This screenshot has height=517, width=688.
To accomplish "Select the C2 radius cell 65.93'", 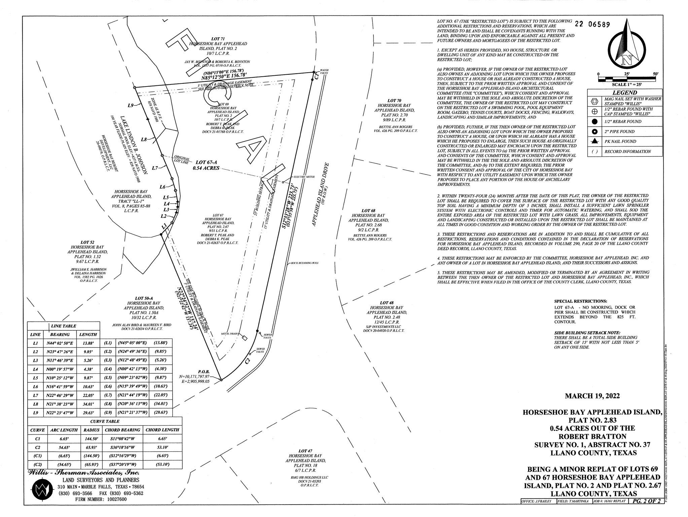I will pyautogui.click(x=91, y=447).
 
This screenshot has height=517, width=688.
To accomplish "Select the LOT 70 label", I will pyautogui.click(x=394, y=101).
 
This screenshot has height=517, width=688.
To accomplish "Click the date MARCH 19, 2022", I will pyautogui.click(x=592, y=396).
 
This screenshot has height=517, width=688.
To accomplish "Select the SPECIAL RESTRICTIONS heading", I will pyautogui.click(x=581, y=301).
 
